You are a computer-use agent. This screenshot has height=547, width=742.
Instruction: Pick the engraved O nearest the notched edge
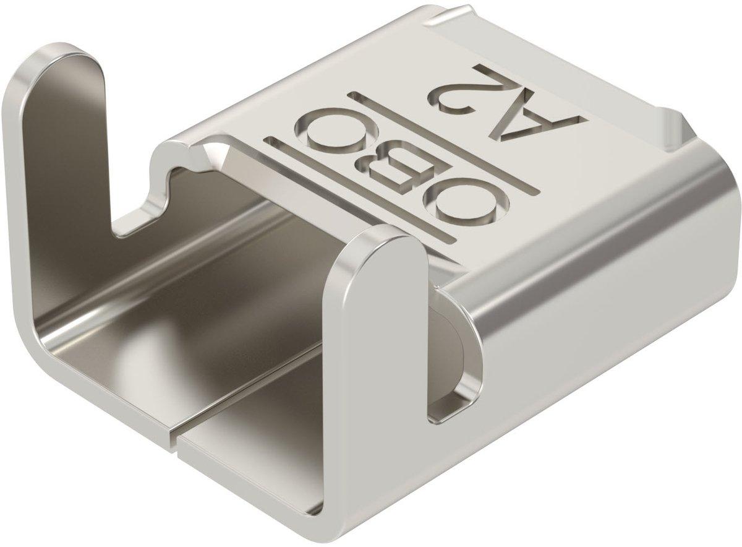click(336, 129)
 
